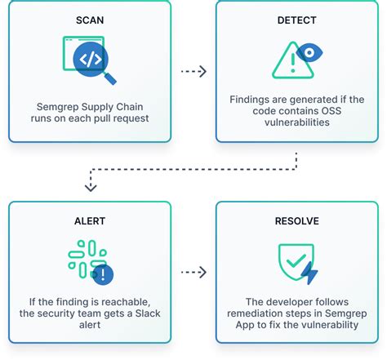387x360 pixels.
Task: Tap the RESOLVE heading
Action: point(297,220)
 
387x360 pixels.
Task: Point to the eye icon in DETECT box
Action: point(309,53)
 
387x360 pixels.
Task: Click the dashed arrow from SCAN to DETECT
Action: point(193,72)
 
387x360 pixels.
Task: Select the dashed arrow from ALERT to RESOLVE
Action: point(193,271)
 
